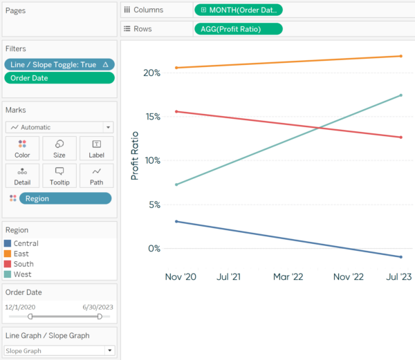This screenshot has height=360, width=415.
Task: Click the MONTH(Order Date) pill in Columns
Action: (239, 10)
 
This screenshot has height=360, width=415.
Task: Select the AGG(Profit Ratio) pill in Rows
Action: (239, 28)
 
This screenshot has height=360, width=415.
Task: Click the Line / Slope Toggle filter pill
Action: (59, 64)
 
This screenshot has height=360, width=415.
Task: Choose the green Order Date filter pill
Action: (59, 78)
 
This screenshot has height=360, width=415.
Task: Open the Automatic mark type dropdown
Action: (59, 127)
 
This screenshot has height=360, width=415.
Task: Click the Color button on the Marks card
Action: (22, 149)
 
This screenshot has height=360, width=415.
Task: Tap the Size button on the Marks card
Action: (59, 149)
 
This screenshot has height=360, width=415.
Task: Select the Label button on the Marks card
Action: (96, 149)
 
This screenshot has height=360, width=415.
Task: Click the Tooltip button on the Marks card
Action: (59, 176)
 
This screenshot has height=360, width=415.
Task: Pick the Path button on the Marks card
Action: (96, 176)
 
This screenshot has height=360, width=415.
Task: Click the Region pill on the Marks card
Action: (65, 198)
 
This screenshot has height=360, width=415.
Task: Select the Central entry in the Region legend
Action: (26, 243)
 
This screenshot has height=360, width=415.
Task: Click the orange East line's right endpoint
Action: (401, 56)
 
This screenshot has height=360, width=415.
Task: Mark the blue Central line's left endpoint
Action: (177, 222)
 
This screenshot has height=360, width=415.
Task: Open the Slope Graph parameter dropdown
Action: (59, 350)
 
